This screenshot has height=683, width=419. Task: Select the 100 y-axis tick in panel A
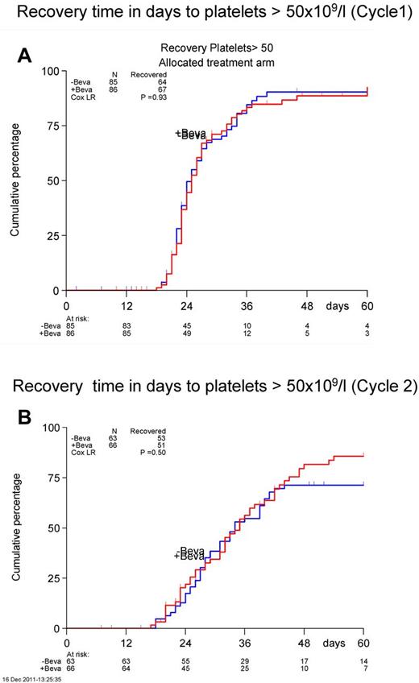pos(49,71)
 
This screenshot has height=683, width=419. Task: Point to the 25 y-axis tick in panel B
pos(52,578)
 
